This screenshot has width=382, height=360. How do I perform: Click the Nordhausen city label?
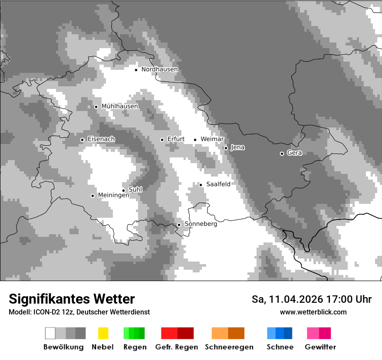(159, 69)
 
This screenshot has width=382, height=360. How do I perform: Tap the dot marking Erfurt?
(162, 140)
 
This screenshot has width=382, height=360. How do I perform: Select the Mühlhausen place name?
(119, 106)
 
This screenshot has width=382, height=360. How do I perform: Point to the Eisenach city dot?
(82, 140)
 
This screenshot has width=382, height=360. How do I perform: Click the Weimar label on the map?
(212, 139)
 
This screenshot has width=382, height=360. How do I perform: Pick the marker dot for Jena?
(226, 148)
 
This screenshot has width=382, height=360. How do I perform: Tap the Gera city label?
(294, 153)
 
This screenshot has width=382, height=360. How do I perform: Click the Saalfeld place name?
(218, 184)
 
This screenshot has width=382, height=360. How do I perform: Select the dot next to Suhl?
(123, 190)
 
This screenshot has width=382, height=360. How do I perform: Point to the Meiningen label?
(113, 196)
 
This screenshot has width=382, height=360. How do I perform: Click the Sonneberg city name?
(201, 224)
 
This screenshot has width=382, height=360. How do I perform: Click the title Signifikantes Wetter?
(72, 299)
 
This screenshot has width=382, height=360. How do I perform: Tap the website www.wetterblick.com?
(313, 312)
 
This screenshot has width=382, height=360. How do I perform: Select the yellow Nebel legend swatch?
(103, 333)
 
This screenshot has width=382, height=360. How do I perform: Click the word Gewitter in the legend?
(320, 347)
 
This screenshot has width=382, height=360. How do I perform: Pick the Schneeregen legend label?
(229, 347)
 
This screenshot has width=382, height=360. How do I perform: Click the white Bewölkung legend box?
(50, 333)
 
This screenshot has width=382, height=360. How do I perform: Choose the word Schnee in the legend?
(280, 347)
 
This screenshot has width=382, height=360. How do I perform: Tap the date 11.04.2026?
(295, 299)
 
